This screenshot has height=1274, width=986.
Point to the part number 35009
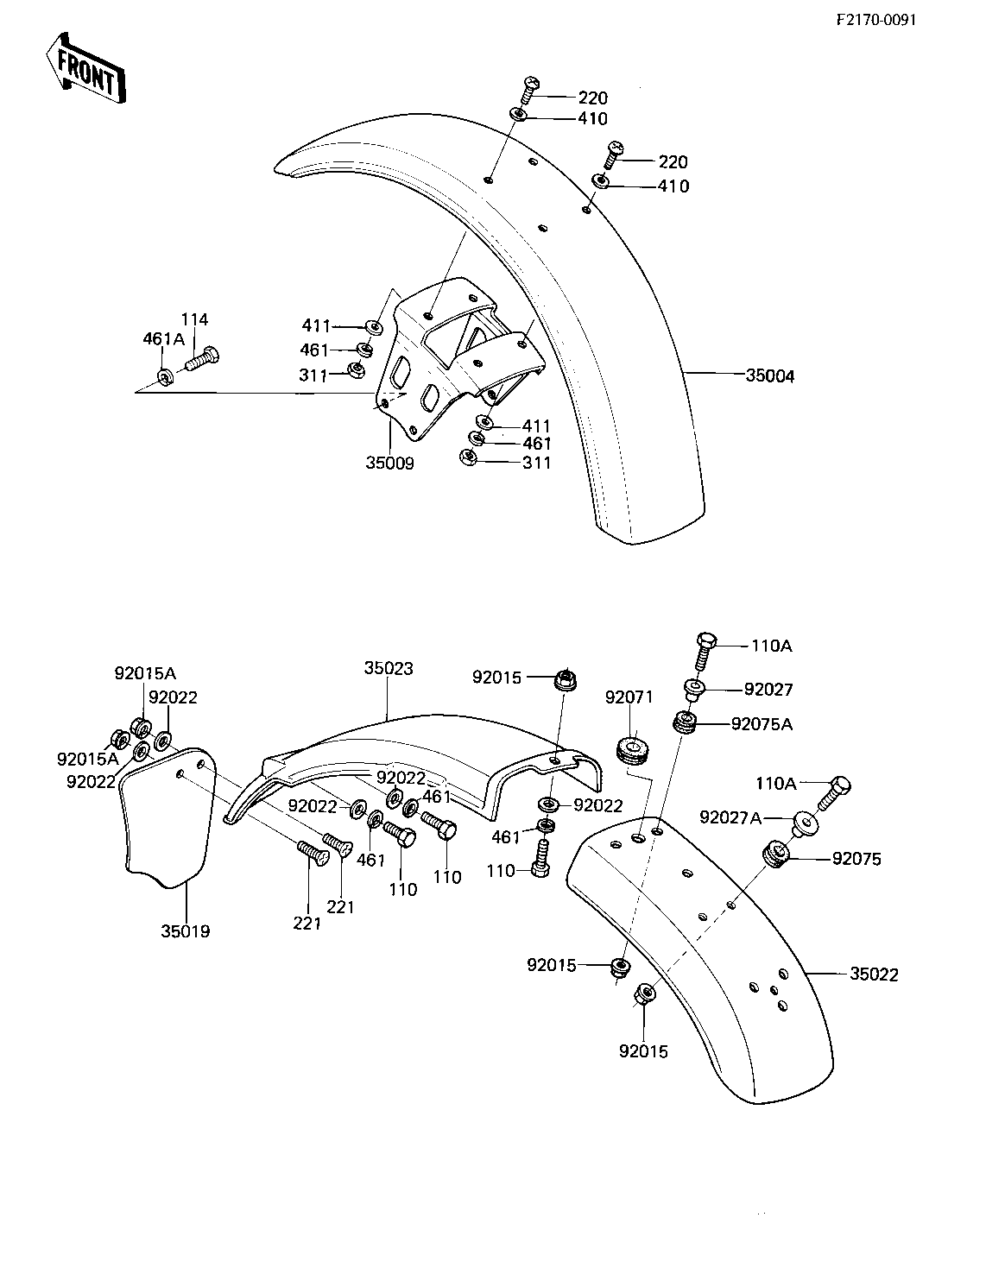389,464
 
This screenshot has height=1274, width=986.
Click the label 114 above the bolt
194,320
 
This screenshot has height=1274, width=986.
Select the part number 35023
389,668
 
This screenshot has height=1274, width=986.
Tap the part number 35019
185,931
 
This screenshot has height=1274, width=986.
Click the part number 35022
874,974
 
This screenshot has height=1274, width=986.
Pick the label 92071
629,697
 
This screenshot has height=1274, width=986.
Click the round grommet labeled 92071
634,747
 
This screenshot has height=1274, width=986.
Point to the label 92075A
761,724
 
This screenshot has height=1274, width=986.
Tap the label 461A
163,339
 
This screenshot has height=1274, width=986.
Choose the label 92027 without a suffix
768,690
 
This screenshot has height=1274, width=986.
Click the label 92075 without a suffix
856,859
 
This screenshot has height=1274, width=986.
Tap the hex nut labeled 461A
164,376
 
